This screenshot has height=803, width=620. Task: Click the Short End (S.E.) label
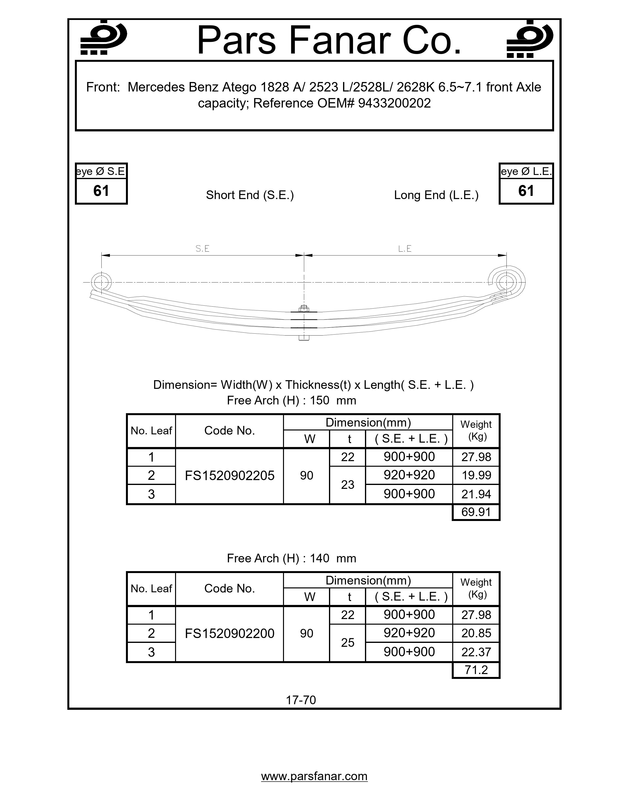point(250,195)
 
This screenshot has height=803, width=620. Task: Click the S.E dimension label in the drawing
point(202,249)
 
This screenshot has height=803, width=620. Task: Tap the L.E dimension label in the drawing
point(405,249)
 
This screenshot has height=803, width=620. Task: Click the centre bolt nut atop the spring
point(303,309)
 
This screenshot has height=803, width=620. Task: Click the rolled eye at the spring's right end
point(507,282)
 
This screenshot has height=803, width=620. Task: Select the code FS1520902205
point(230,476)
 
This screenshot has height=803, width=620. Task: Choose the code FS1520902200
point(230,633)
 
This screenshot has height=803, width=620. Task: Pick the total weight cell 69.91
point(476,512)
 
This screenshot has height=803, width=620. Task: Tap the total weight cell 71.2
point(476,670)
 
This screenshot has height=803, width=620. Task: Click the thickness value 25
point(347,642)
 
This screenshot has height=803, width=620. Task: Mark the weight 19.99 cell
point(476,475)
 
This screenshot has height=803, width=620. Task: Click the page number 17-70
point(301,700)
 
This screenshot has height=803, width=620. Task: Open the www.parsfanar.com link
point(314,776)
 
